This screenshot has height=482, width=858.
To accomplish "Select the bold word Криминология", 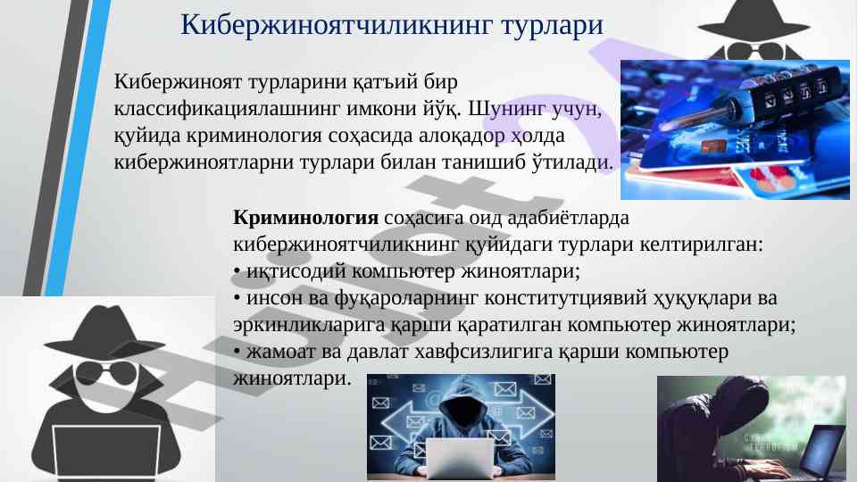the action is [x=305, y=217].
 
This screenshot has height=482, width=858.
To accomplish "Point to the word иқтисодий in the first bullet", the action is [x=296, y=270].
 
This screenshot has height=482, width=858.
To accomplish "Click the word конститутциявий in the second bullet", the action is [x=565, y=299].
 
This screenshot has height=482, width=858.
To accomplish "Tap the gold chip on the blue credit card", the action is [x=713, y=146].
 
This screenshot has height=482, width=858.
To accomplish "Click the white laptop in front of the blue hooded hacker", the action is [x=459, y=459].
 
